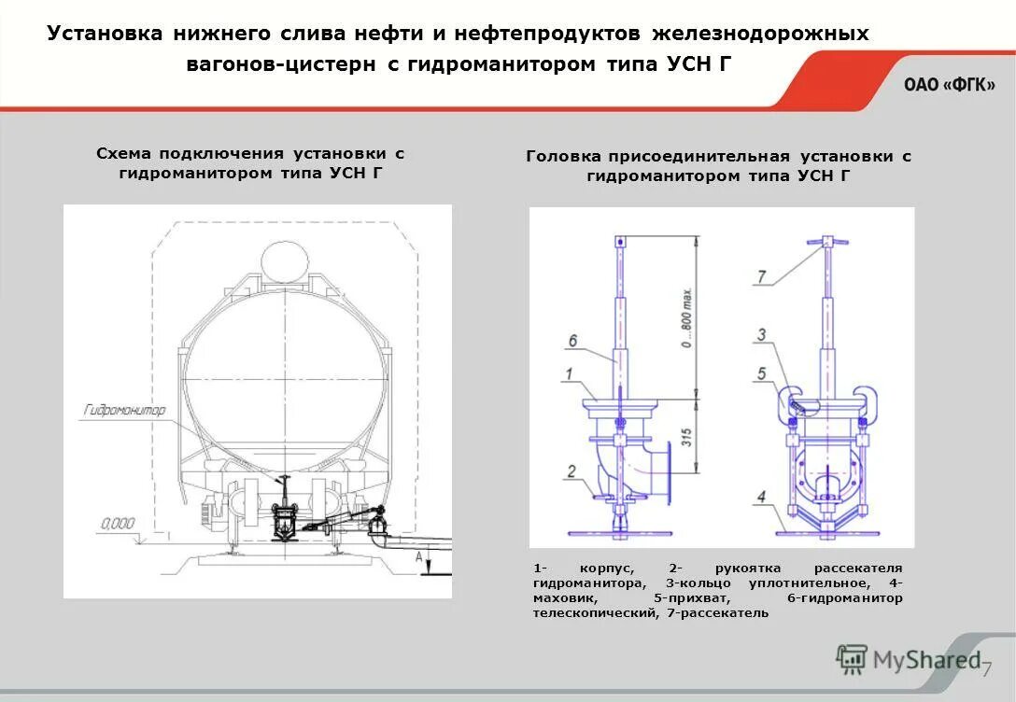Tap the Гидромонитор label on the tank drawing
pos(124,410)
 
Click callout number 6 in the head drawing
pos(571,342)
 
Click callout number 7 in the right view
pos(762,276)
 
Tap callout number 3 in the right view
pos(762,334)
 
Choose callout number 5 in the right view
pos(762,373)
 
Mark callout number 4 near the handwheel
pos(763,497)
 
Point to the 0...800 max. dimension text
pos(686,316)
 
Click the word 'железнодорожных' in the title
pos(760,34)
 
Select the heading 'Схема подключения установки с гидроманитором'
pos(250,163)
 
